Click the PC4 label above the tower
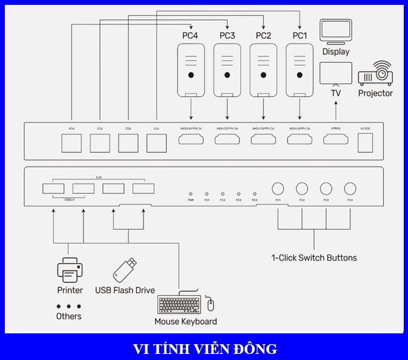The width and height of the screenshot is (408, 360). (190, 36)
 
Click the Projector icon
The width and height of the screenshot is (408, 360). (375, 73)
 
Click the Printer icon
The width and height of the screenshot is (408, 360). (70, 271)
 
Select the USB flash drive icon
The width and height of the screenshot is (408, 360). (125, 270)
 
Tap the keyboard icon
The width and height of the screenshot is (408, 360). (179, 304)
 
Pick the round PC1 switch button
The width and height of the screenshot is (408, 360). (278, 188)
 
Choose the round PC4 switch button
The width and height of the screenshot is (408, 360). (350, 188)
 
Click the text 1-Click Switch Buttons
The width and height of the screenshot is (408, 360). (314, 258)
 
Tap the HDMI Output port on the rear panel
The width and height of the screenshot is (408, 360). (335, 141)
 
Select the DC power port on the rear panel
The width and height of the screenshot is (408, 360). (366, 142)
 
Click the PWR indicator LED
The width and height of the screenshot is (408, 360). (191, 192)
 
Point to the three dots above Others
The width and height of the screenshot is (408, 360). (68, 306)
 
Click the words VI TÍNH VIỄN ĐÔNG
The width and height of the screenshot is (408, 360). (205, 349)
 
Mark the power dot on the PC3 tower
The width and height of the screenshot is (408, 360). (227, 75)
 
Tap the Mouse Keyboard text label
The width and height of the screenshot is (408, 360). (185, 321)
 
